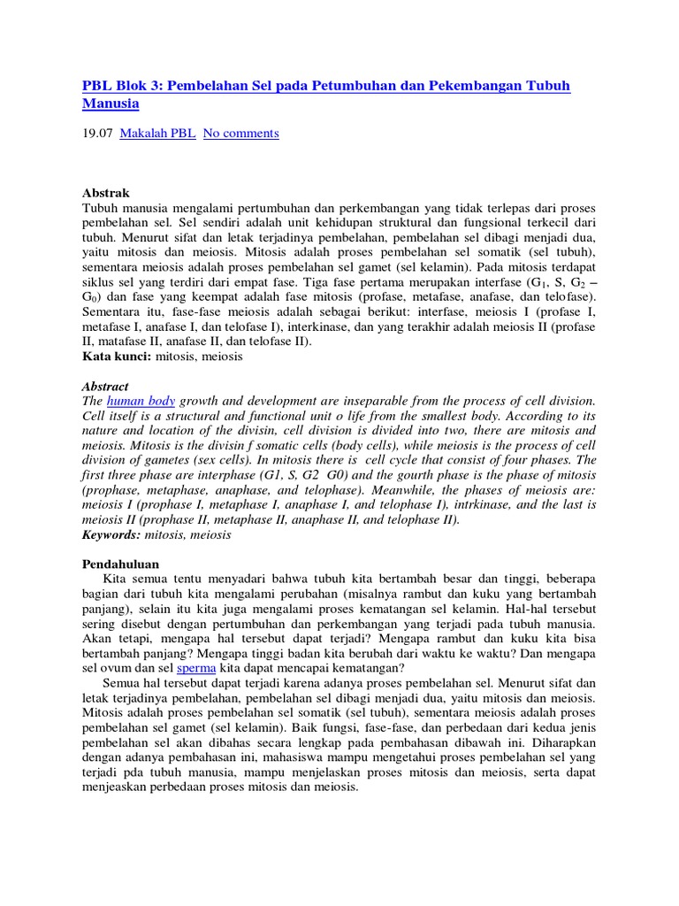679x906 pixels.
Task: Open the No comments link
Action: [240, 134]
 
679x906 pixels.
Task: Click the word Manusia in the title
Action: [111, 104]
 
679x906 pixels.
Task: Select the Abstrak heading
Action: [106, 193]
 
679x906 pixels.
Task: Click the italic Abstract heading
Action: [105, 387]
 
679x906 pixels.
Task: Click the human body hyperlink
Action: [141, 402]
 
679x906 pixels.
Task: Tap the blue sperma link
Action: [196, 668]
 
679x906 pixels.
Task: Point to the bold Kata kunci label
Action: [117, 357]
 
